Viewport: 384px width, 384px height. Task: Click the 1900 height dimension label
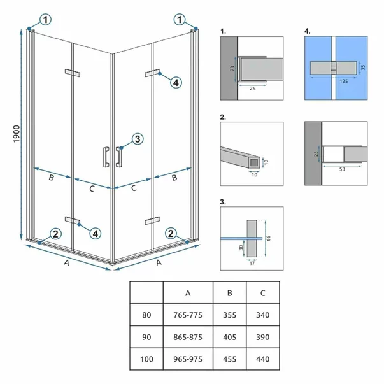click(x=17, y=134)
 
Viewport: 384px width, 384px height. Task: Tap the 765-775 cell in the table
click(x=188, y=315)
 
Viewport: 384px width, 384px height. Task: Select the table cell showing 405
click(x=229, y=337)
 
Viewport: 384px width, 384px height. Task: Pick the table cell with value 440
click(x=263, y=359)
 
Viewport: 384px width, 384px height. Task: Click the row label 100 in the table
click(x=146, y=359)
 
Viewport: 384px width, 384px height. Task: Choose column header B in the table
click(x=229, y=293)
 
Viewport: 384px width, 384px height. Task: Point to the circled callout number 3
click(x=138, y=139)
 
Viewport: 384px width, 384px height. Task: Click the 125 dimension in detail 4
click(x=344, y=81)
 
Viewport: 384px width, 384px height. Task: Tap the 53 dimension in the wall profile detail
click(x=342, y=169)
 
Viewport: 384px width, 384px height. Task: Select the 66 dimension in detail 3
click(x=268, y=238)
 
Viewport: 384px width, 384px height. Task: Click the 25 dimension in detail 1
click(x=252, y=89)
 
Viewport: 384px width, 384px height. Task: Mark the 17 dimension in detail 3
click(x=252, y=263)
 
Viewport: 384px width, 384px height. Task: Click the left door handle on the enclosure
click(x=106, y=157)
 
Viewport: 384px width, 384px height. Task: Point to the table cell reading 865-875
click(x=188, y=337)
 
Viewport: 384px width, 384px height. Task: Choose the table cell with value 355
click(x=229, y=315)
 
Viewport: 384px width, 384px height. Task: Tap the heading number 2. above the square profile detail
click(x=223, y=117)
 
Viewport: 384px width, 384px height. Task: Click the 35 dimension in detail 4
click(x=363, y=67)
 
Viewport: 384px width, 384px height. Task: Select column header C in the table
click(x=263, y=293)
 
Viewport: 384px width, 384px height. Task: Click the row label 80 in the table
click(x=146, y=315)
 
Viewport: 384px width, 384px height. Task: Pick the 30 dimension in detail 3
click(x=241, y=248)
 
